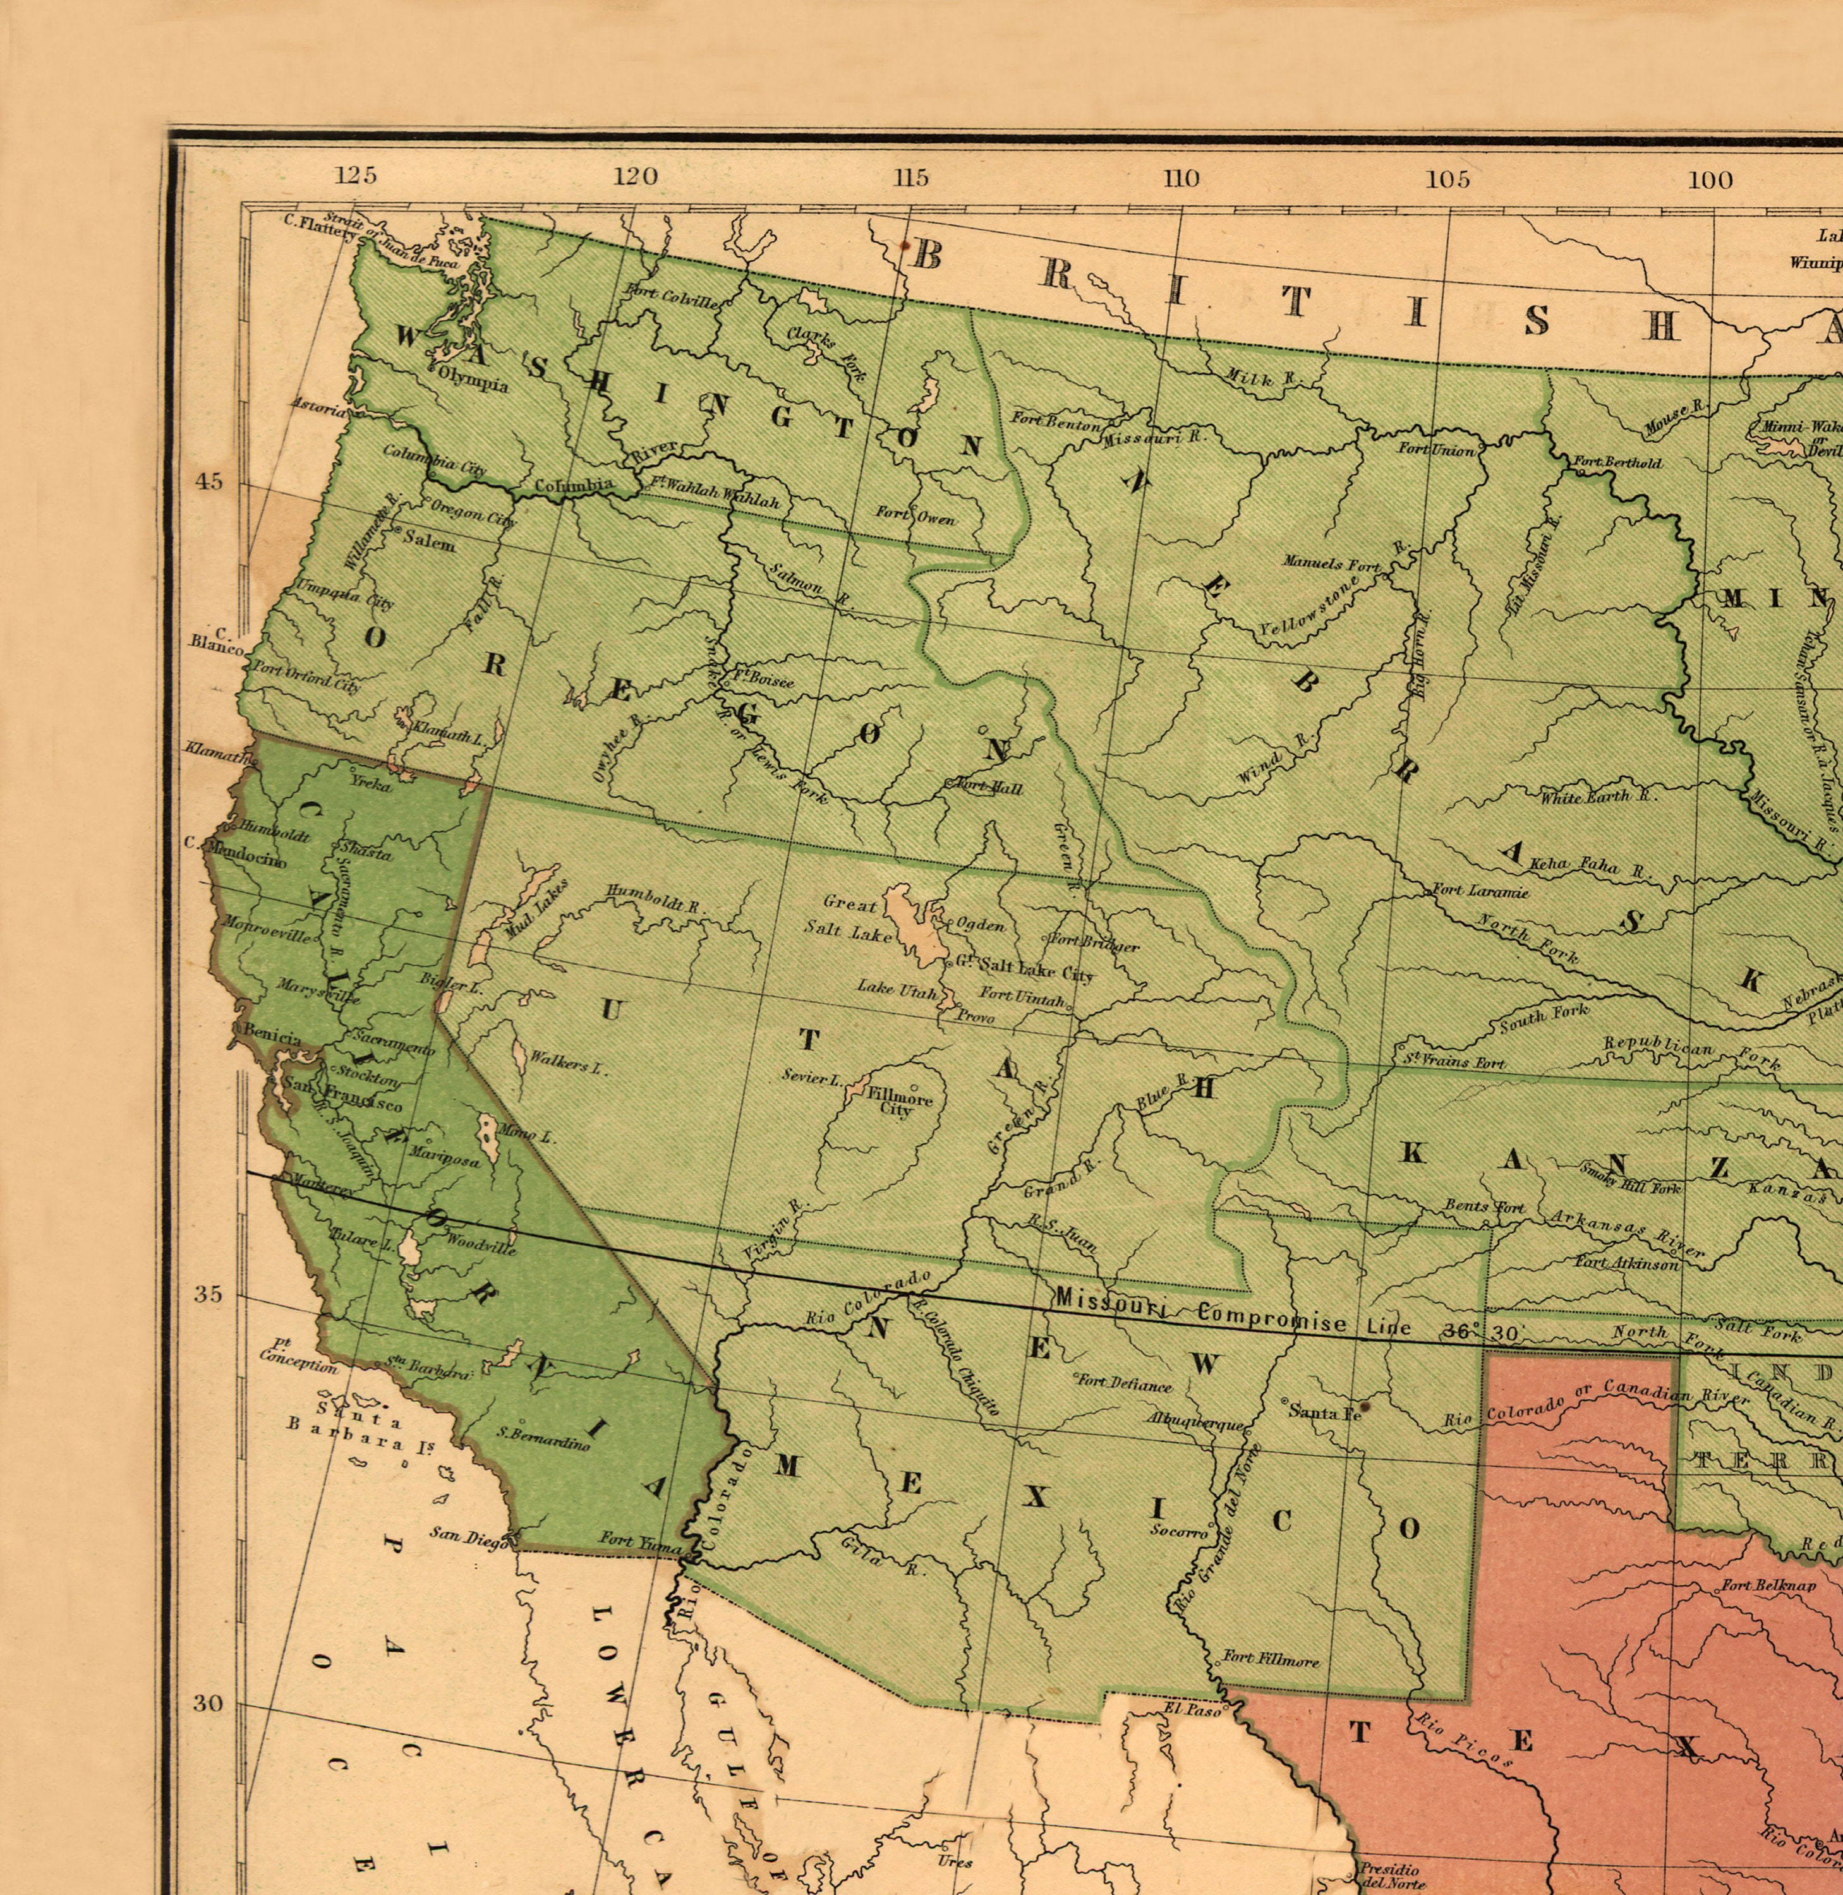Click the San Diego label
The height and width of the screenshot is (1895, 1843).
coord(469,1536)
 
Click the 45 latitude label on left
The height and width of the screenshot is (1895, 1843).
coord(209,481)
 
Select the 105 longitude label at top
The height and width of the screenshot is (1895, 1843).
coord(1448,179)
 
